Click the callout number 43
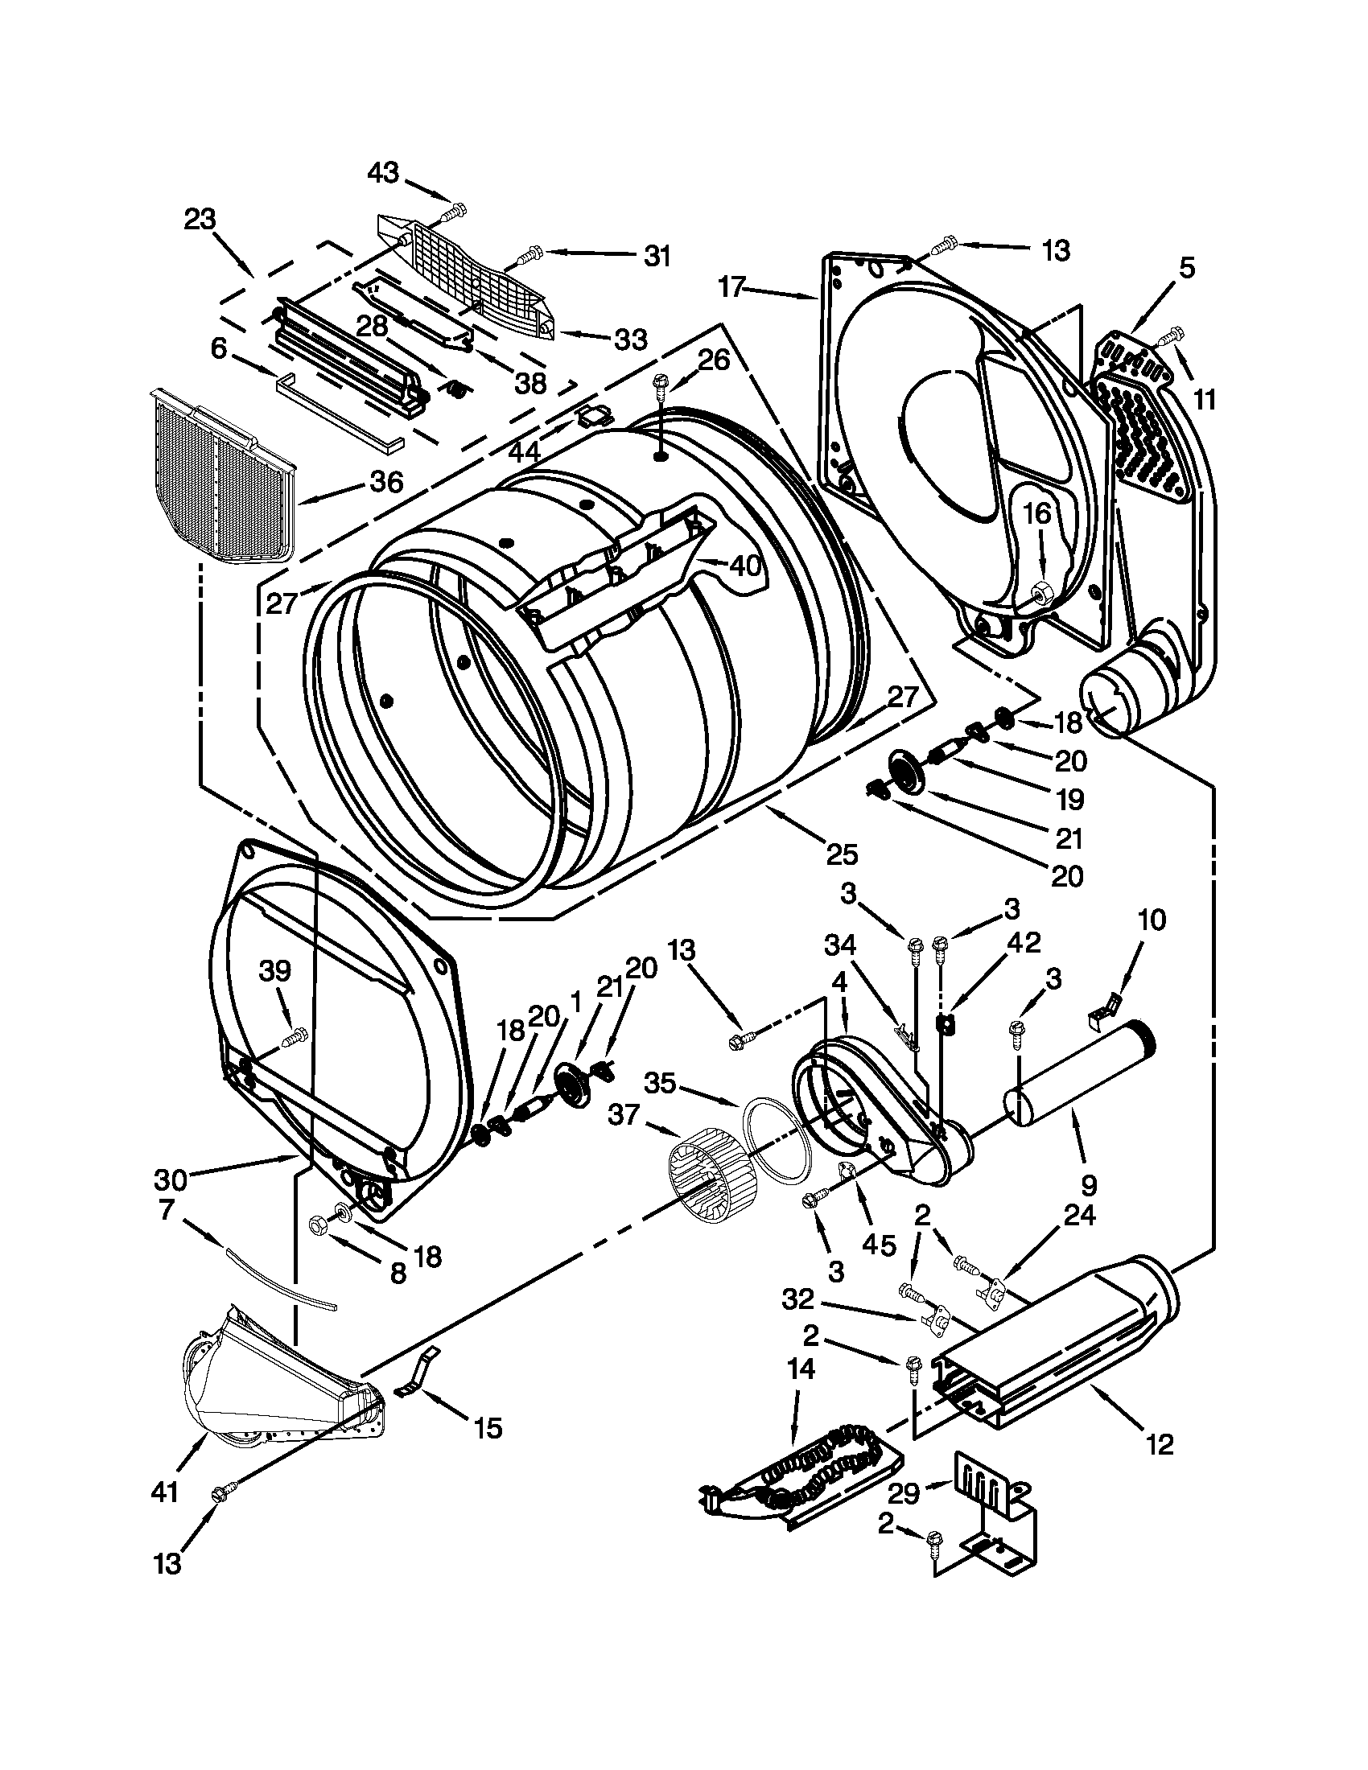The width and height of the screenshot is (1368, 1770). point(382,173)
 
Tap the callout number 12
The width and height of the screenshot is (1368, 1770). point(1160,1444)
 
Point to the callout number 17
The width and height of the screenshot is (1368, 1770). point(731,287)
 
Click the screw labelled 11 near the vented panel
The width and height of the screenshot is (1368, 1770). point(1172,333)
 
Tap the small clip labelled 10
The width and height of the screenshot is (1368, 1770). point(1104,1008)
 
